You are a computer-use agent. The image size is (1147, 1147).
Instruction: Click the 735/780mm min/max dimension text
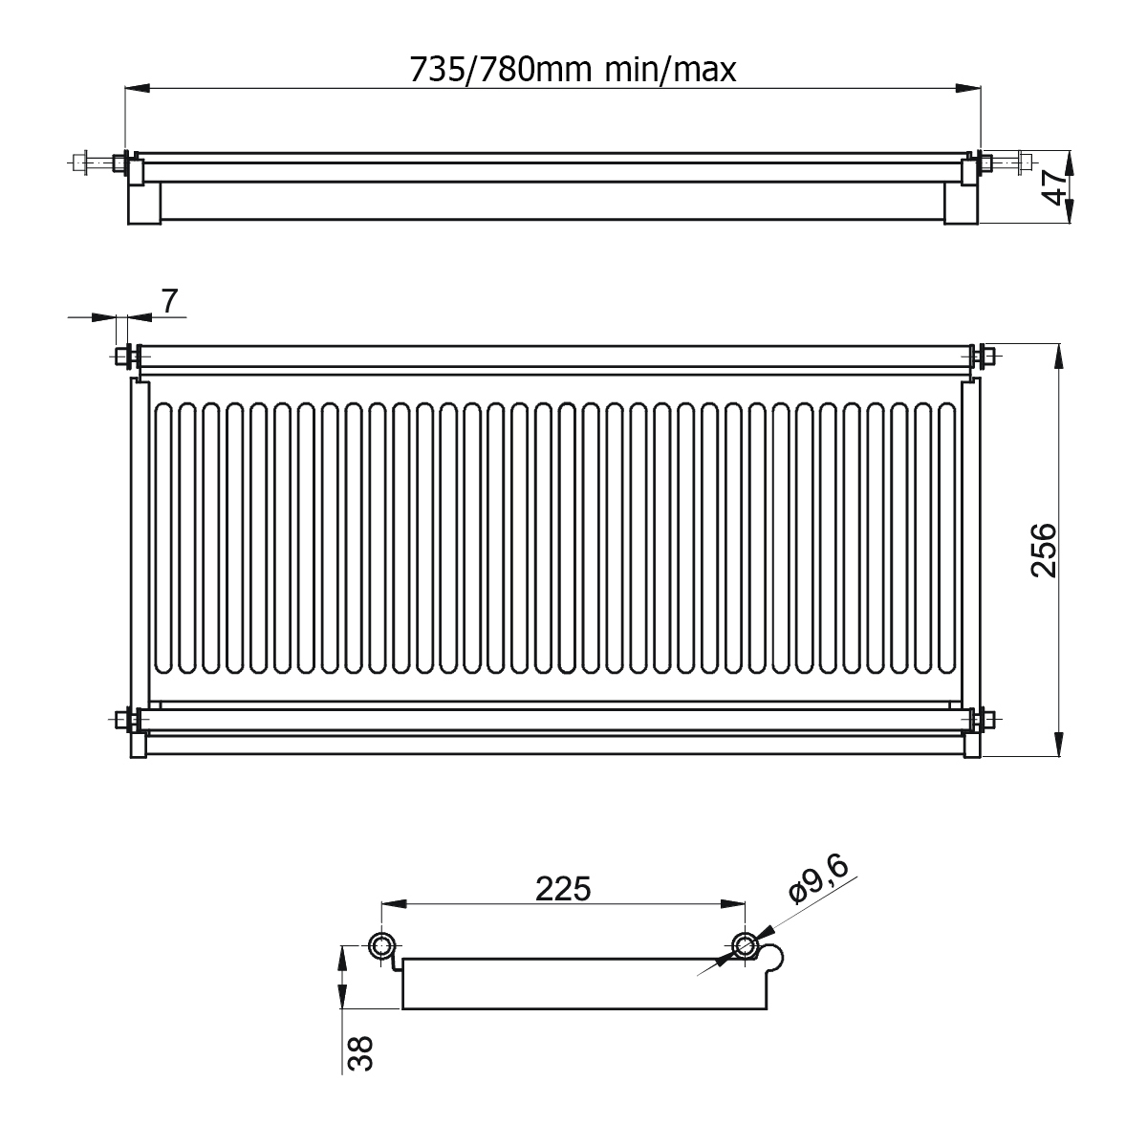pos(573,70)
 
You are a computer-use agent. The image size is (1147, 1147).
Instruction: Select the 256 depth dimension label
pos(1044,550)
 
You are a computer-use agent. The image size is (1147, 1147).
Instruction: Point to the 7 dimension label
pos(169,301)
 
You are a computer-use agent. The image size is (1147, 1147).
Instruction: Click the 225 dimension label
pos(563,889)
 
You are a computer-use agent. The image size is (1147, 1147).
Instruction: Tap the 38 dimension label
pos(360,1053)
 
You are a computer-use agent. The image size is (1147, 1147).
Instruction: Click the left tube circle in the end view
pos(381,944)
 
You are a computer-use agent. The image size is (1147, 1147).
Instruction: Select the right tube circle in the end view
pos(745,944)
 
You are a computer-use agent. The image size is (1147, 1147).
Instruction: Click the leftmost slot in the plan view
pos(163,538)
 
